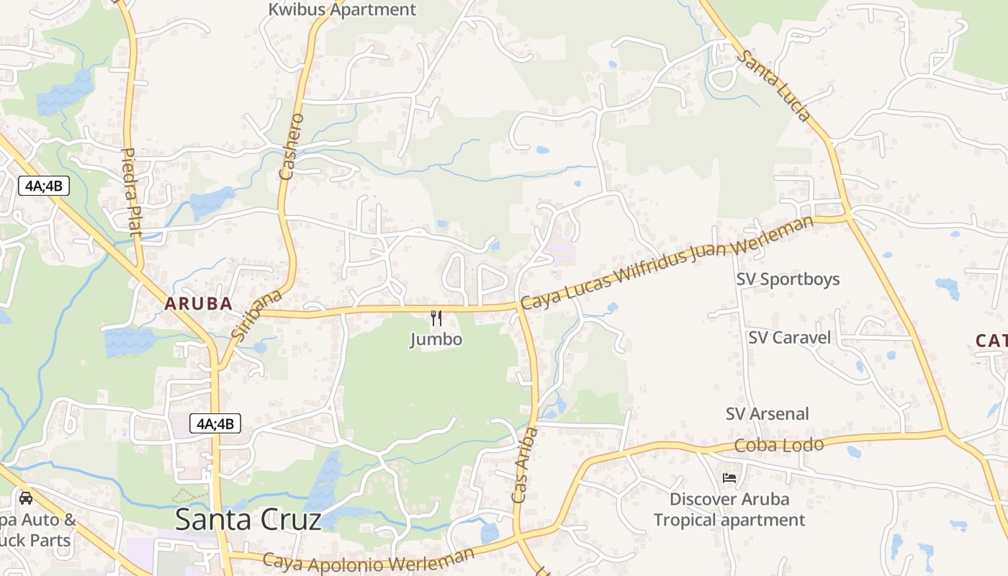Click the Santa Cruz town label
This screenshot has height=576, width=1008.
click(x=248, y=519)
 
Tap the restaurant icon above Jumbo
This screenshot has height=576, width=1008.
click(x=436, y=318)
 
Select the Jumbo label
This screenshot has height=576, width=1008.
click(x=436, y=339)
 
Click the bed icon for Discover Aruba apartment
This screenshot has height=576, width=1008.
click(x=729, y=477)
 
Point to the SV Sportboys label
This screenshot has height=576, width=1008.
click(x=788, y=279)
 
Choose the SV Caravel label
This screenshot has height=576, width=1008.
click(x=789, y=338)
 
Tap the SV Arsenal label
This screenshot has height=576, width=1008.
click(x=767, y=414)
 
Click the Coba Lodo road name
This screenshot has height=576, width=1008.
click(x=778, y=446)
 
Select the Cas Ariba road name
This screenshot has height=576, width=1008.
click(x=524, y=466)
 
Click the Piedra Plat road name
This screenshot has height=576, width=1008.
click(x=132, y=192)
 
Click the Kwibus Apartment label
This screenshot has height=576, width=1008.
click(x=342, y=10)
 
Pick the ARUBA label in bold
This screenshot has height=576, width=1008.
click(x=198, y=304)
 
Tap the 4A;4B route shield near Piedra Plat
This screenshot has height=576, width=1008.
click(x=44, y=186)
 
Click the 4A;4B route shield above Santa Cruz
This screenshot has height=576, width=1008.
click(x=215, y=423)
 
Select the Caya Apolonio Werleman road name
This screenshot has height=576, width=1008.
click(x=369, y=560)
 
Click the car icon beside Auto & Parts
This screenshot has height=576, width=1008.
click(x=26, y=498)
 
